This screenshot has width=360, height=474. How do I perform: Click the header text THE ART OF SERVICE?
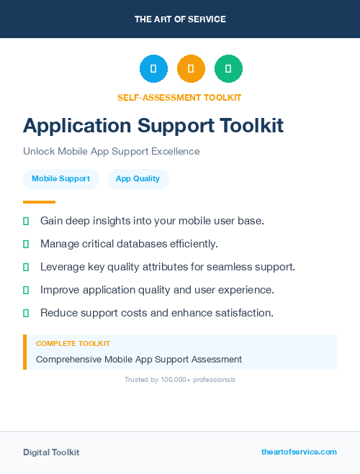[x=180, y=19]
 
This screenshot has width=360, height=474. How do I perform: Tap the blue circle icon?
[x=153, y=69]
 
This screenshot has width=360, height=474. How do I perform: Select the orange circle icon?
[x=191, y=69]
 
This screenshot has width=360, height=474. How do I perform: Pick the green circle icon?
[x=228, y=69]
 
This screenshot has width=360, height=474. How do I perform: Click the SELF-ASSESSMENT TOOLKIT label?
[x=179, y=97]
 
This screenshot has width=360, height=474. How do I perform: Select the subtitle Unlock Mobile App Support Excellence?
[x=111, y=152]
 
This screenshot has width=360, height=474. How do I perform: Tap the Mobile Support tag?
[x=60, y=179]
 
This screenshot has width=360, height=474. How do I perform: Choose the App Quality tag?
[x=138, y=179]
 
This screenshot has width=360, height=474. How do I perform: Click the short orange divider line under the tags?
[x=39, y=202]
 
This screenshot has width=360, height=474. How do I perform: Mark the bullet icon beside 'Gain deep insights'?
[x=26, y=221]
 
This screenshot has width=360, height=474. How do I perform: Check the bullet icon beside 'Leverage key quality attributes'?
[x=26, y=267]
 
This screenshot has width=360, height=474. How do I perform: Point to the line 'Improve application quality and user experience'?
[x=157, y=290]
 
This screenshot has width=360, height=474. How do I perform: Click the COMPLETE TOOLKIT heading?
[x=73, y=344]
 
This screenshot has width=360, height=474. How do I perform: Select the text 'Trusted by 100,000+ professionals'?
[x=180, y=379]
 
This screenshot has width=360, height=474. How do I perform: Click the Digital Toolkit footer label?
[x=51, y=452]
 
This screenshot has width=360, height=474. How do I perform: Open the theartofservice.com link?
[x=299, y=452]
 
